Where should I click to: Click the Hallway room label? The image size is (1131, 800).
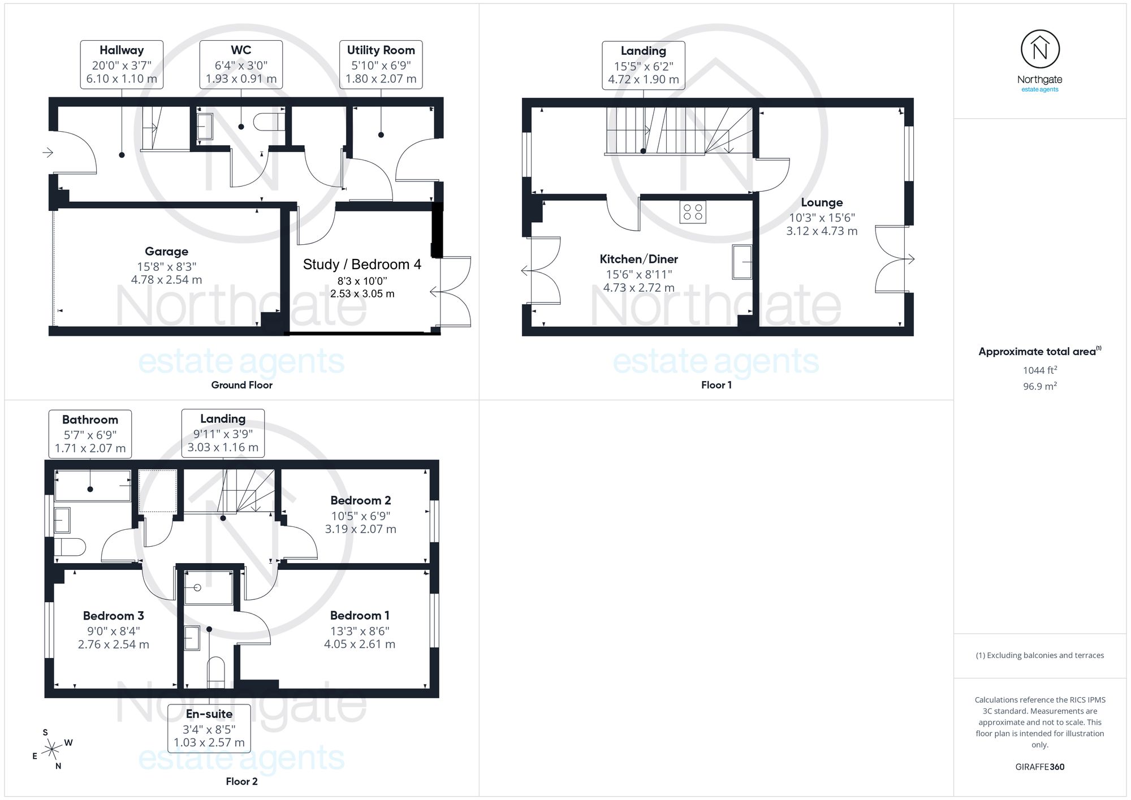point(122,50)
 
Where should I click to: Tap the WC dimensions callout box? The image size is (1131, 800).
point(241,64)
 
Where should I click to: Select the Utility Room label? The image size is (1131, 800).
point(381,50)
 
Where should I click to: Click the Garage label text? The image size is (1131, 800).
point(166,252)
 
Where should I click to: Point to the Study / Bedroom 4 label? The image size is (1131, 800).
point(362,265)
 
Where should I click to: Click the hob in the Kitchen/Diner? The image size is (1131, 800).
point(693,213)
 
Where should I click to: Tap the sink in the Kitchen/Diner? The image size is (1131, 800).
point(742,262)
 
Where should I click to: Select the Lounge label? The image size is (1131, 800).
point(822,202)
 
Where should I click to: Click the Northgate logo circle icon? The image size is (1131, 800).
point(1040,50)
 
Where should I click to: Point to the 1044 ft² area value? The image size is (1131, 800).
point(1040,370)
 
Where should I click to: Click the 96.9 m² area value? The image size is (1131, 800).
point(1040,387)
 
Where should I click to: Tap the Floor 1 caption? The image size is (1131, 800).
point(716,385)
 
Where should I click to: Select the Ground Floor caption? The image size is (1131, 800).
point(241,385)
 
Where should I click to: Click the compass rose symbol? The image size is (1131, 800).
point(53,750)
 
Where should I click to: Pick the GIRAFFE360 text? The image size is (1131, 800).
point(1040,767)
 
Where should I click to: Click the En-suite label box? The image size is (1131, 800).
point(209,728)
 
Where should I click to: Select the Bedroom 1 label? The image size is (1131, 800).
point(360,616)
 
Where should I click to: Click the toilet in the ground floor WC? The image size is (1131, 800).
point(269,122)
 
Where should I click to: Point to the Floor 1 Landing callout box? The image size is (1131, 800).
point(644,65)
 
